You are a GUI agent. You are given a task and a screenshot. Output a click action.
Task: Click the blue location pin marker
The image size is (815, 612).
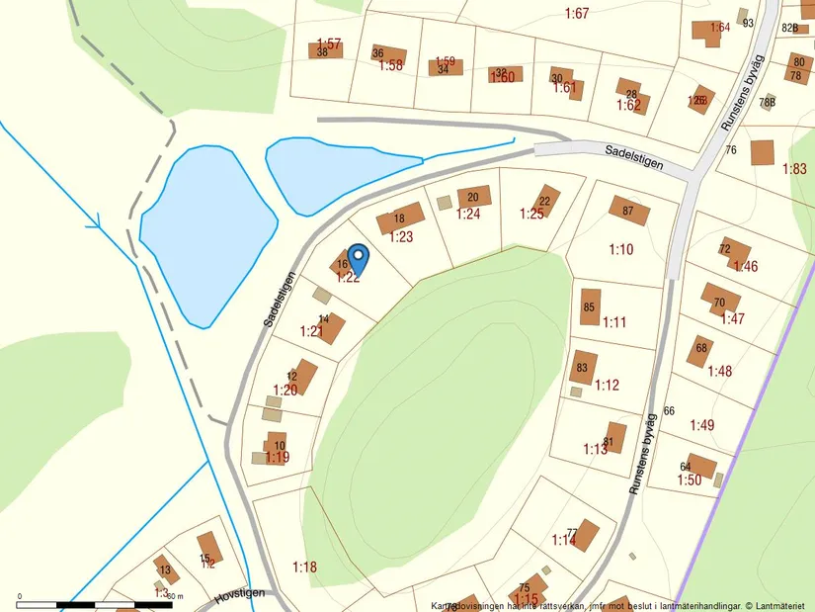pos(359,258)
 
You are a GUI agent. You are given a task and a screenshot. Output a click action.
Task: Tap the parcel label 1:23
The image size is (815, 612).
pos(401,236)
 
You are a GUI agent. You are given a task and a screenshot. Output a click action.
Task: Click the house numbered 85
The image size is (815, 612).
pos(590,306)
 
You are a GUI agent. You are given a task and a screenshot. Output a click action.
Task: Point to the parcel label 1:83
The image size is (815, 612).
pos(794,169)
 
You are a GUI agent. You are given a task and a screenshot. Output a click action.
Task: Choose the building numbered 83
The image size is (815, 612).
pos(583,368)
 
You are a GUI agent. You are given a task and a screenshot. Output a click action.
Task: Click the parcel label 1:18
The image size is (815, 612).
pos(305,567)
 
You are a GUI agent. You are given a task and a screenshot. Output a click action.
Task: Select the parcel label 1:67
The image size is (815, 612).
pos(577,13)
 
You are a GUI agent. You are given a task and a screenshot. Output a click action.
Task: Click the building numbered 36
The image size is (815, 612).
pos(388,54)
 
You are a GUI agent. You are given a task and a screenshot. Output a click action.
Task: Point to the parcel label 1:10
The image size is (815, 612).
pos(620,250)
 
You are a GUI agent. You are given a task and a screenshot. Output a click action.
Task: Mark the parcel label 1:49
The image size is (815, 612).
pos(701,425)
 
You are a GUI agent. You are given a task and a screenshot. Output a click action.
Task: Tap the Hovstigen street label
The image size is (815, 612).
pos(239,597)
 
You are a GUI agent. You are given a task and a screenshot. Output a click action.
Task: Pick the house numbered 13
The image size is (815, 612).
pos(165,569)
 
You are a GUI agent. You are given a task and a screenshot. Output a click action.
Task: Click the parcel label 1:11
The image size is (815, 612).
pos(614,322)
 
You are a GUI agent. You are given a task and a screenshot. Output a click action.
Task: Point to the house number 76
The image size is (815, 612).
pos(731,150)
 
